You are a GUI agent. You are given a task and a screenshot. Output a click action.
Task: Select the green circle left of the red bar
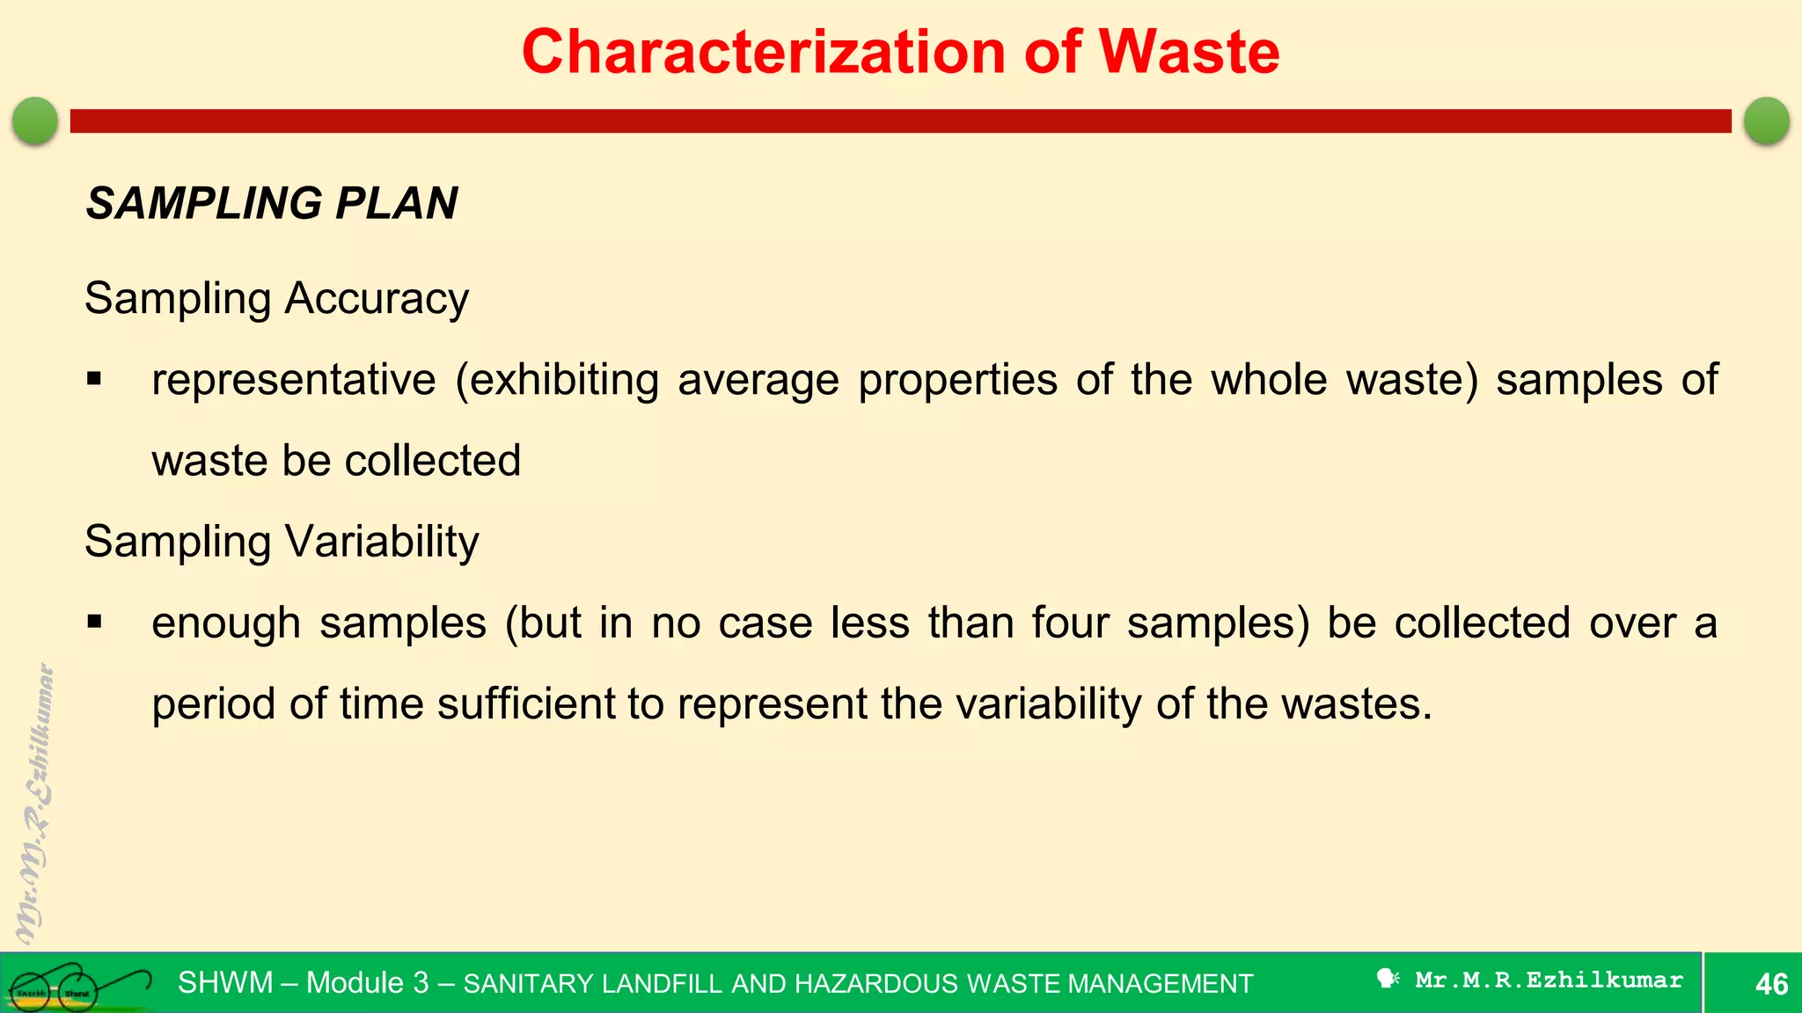(x=35, y=120)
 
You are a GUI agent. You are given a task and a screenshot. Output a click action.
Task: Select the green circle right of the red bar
(x=1766, y=120)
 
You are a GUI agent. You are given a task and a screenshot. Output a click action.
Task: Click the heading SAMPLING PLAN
(x=272, y=203)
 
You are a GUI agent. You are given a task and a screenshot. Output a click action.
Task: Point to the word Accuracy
(x=377, y=299)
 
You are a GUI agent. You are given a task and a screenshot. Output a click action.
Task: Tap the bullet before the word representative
(x=94, y=381)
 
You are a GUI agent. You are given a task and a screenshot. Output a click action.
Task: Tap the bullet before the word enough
(x=94, y=623)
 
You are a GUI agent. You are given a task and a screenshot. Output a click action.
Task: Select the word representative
(x=293, y=381)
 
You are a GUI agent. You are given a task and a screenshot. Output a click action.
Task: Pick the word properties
(x=957, y=381)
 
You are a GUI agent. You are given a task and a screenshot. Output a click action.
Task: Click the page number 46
(x=1771, y=983)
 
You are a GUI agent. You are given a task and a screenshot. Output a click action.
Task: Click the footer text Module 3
(x=367, y=982)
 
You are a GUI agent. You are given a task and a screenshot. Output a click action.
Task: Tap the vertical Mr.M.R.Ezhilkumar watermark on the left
(x=35, y=805)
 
